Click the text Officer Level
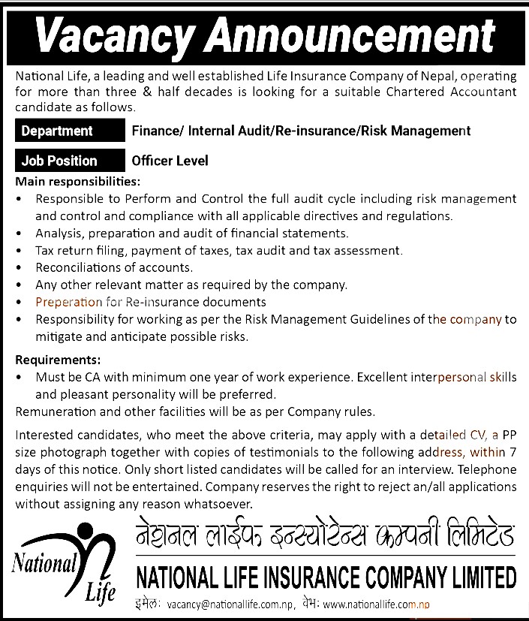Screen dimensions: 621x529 click(x=170, y=161)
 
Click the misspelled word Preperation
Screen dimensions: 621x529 click(x=68, y=302)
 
